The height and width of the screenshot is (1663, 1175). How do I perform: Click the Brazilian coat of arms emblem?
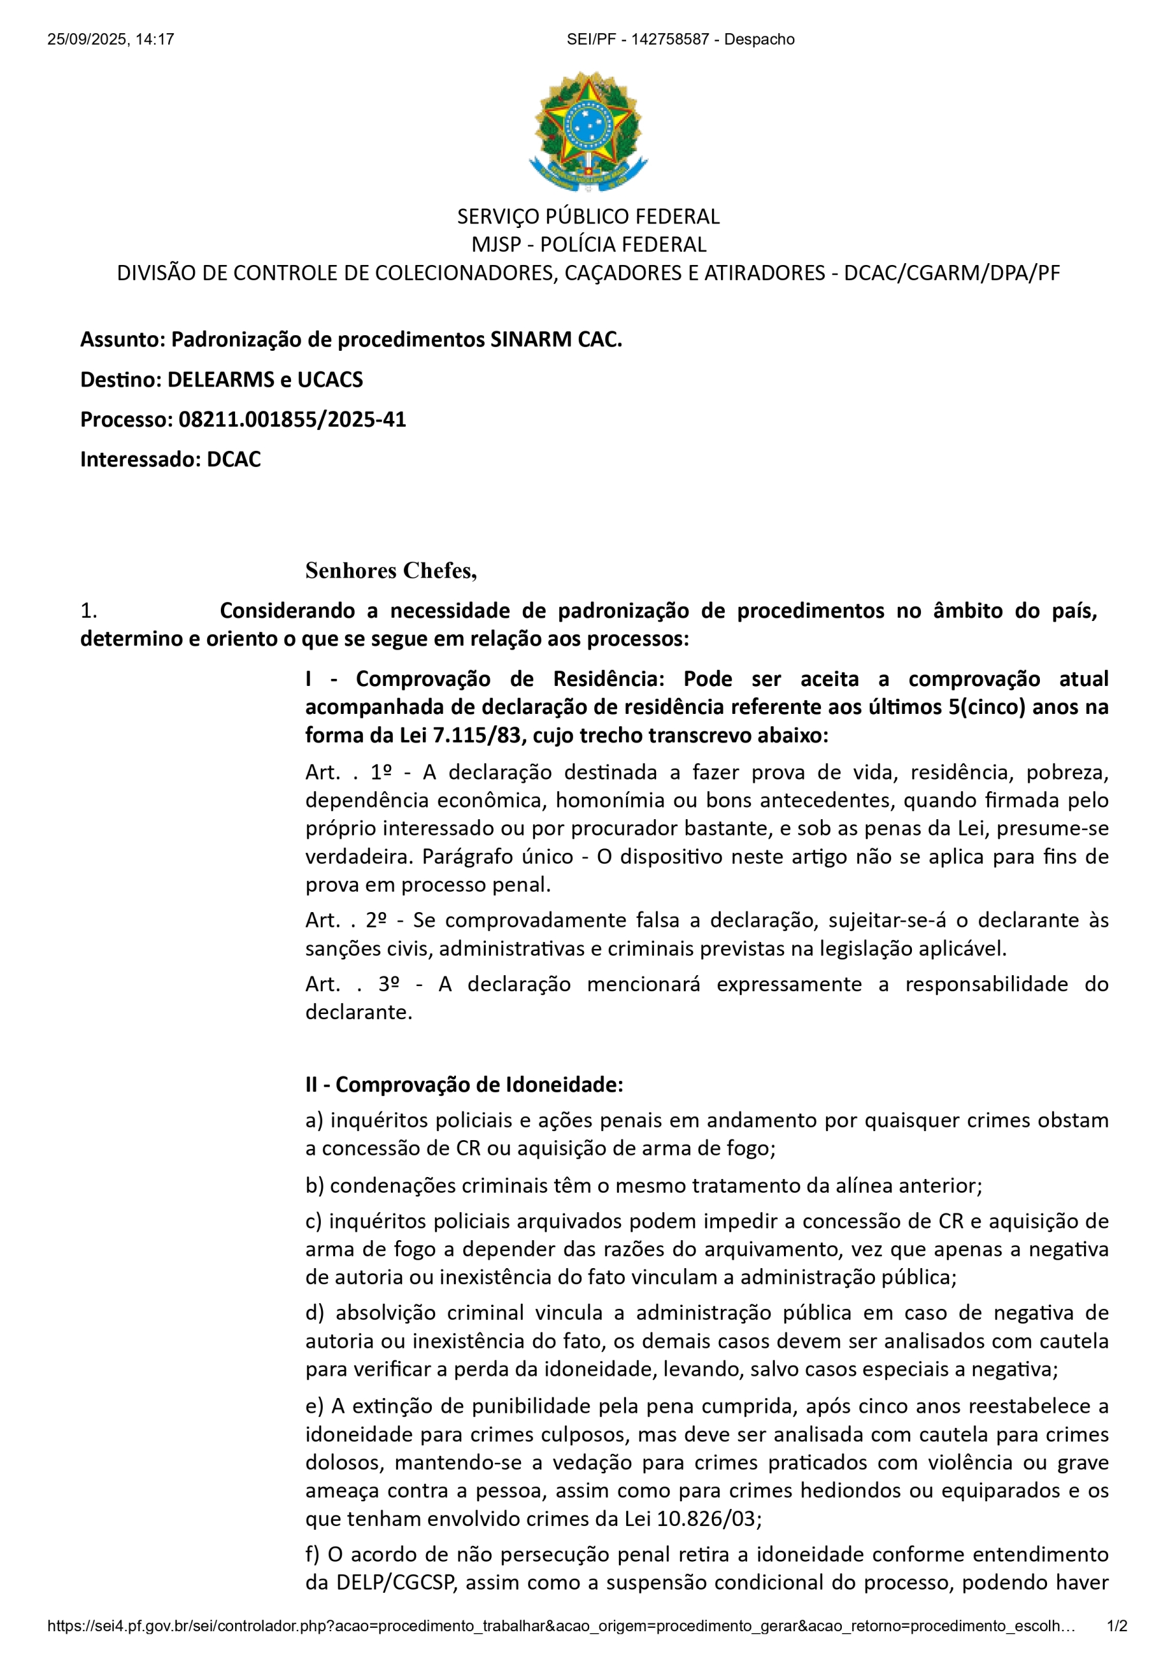587,131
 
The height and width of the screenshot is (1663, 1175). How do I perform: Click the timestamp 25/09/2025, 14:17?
111,40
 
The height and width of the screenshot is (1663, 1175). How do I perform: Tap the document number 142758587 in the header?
670,40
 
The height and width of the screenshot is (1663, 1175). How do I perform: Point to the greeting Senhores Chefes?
390,571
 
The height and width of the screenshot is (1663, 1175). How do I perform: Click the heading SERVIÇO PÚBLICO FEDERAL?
587,216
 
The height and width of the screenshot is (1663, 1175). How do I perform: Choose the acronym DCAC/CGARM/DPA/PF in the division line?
951,273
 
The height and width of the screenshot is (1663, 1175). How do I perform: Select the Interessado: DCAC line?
170,459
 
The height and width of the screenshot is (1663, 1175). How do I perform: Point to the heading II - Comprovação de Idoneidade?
464,1084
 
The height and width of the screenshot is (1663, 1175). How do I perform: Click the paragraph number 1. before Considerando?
88,611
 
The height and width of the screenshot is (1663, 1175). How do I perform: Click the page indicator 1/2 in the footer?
1117,1626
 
